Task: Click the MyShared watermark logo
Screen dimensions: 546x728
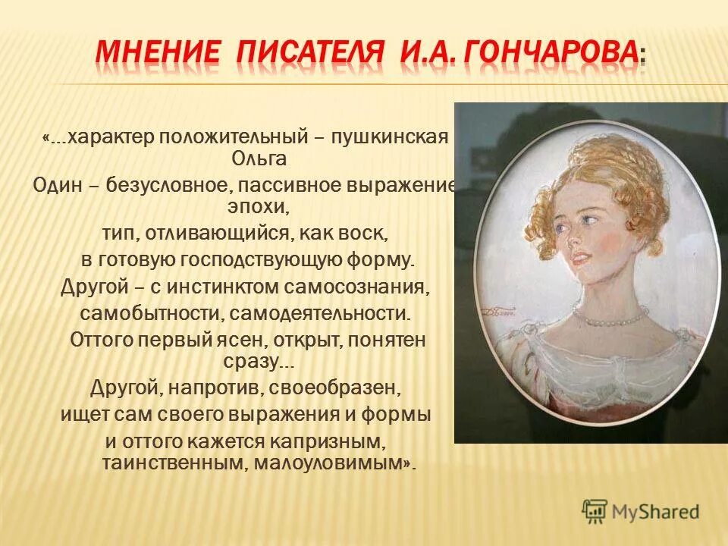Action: click(x=641, y=510)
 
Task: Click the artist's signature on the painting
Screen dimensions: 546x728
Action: click(x=501, y=308)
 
